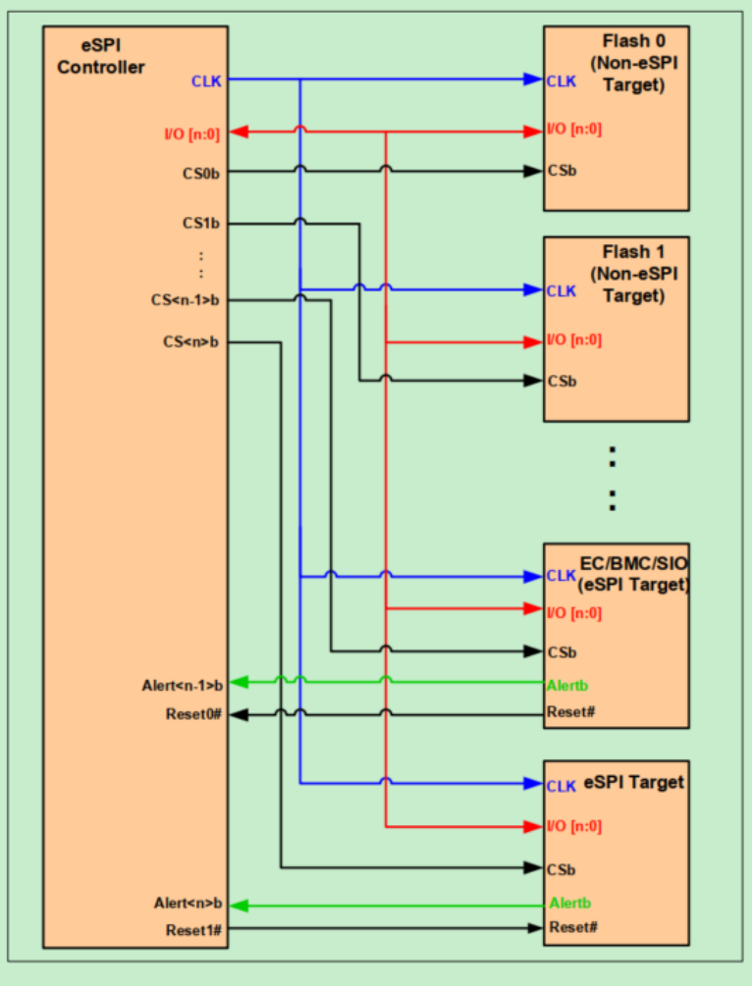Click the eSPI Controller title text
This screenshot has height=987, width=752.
click(x=100, y=57)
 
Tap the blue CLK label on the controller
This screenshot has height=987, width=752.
click(x=206, y=81)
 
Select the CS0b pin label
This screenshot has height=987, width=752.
click(x=200, y=173)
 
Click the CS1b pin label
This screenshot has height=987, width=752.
click(x=200, y=224)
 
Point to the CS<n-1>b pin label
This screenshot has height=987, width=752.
click(x=187, y=300)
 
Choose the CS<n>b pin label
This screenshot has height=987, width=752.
click(x=191, y=342)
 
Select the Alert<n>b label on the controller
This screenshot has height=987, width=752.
click(x=188, y=903)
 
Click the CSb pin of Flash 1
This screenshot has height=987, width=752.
click(x=562, y=381)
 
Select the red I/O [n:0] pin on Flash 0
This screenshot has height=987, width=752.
click(x=574, y=130)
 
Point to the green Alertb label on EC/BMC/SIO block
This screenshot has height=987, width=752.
click(x=568, y=686)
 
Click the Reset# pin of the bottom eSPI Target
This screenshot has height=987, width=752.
click(x=571, y=928)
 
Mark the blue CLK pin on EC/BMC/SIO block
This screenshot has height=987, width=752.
click(x=562, y=576)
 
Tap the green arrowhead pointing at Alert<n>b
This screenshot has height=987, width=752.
click(x=237, y=905)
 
